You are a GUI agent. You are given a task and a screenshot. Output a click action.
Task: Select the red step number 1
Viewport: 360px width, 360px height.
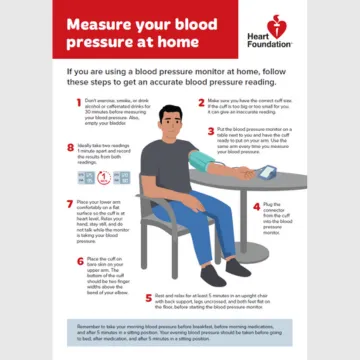tap(76, 101)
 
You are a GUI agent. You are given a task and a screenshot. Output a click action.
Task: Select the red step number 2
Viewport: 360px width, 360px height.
tap(203, 101)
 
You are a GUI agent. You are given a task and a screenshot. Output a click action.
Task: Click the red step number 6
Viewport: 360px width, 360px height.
tap(76, 259)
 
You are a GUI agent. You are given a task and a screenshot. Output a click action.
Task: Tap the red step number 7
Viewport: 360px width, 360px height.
tap(68, 203)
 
